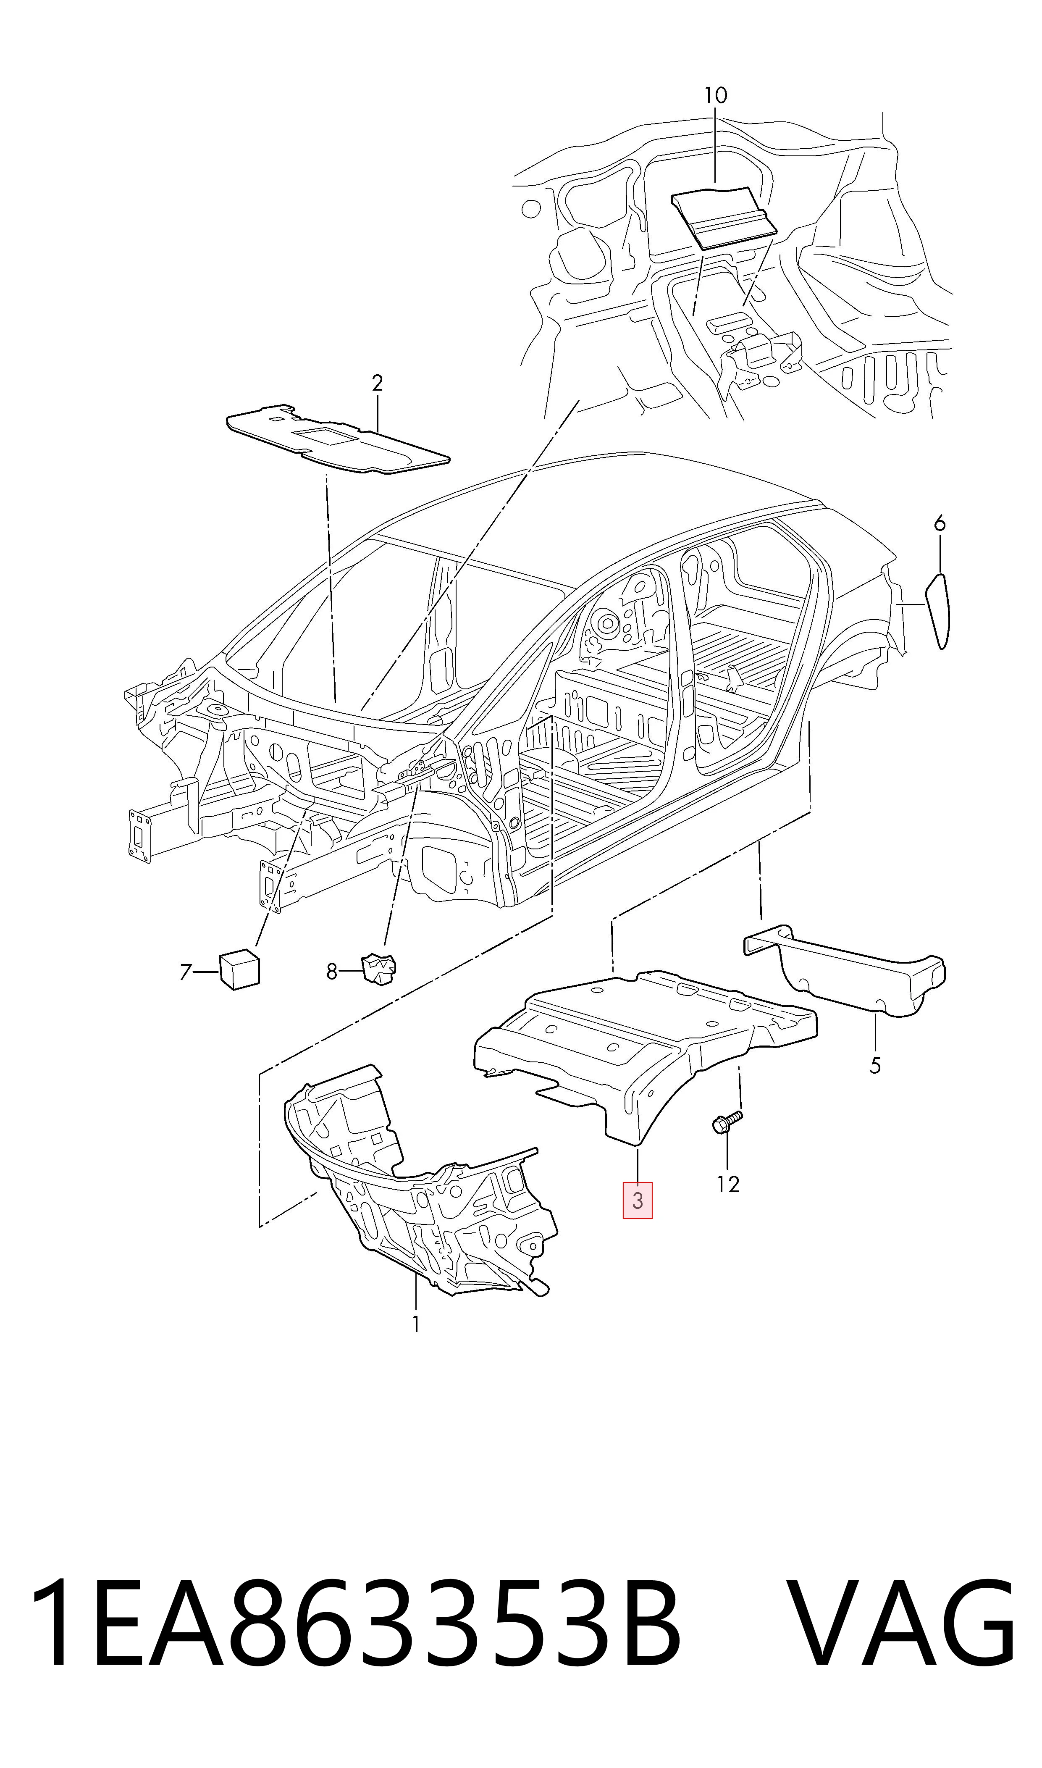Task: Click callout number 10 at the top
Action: (716, 95)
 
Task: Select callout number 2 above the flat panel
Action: (377, 384)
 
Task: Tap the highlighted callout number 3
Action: (638, 1200)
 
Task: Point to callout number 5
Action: (875, 1065)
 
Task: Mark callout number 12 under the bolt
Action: (728, 1185)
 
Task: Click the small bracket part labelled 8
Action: (379, 969)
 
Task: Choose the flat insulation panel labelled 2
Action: (337, 439)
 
